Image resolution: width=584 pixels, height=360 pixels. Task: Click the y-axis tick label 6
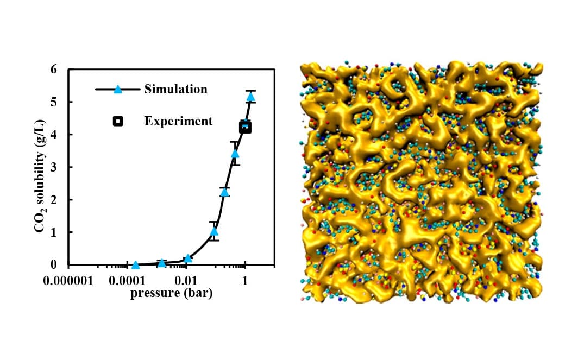pos(53,70)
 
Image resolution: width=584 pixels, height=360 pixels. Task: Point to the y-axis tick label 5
pos(53,102)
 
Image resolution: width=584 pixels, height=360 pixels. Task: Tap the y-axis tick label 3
pos(53,167)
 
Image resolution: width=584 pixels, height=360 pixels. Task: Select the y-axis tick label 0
pos(53,265)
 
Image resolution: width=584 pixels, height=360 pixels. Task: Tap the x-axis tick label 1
pos(245,282)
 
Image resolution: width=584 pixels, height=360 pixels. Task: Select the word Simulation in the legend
pos(175,89)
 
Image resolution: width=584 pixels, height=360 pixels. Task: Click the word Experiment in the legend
pos(178,121)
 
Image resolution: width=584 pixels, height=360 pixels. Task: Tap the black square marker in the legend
pos(117,121)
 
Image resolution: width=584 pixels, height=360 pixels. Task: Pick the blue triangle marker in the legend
pos(117,89)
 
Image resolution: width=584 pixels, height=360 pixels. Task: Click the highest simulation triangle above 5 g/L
pos(250,97)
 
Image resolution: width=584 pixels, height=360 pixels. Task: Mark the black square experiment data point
pos(245,128)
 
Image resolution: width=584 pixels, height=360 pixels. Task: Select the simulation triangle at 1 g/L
pos(214,232)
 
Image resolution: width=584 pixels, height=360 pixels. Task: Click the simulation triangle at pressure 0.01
pos(188,258)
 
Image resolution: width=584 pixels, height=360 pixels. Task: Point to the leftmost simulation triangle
pos(135,265)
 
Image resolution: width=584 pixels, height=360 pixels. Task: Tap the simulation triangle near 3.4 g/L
pos(235,154)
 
